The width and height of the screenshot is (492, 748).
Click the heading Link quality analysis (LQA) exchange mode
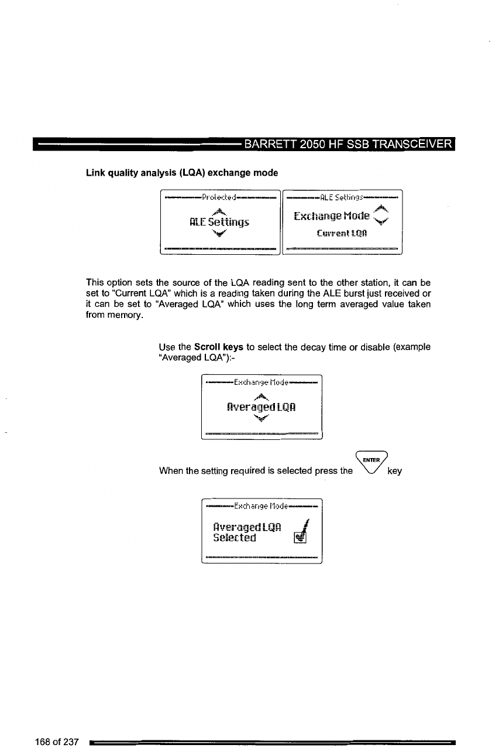point(174,173)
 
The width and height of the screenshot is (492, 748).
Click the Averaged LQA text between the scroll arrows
point(262,406)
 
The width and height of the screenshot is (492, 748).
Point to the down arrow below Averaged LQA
point(262,418)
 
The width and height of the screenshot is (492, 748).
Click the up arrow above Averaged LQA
point(262,395)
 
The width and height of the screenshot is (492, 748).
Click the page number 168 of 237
point(56,742)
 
